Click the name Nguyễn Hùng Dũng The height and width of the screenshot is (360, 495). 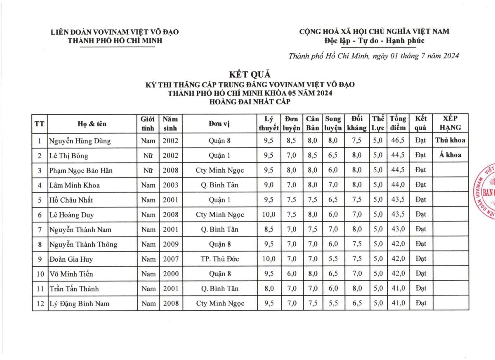click(x=80, y=141)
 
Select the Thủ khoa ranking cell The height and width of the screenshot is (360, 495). click(x=450, y=140)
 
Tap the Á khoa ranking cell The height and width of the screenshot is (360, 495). click(x=450, y=155)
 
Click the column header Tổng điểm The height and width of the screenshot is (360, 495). click(x=398, y=123)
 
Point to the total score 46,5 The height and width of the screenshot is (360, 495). click(x=398, y=141)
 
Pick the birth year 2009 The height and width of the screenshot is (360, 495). click(x=170, y=244)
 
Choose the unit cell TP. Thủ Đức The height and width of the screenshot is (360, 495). click(x=220, y=259)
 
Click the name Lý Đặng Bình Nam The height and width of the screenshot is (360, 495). click(x=80, y=303)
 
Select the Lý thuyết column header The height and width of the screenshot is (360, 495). click(x=269, y=123)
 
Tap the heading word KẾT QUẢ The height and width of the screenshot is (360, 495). click(x=250, y=74)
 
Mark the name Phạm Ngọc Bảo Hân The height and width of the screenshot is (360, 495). click(x=81, y=170)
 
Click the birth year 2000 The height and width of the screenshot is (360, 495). click(x=170, y=274)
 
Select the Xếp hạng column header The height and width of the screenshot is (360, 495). click(x=450, y=123)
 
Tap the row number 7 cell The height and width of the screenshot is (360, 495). click(x=40, y=230)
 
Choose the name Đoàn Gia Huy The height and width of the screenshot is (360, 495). click(x=71, y=259)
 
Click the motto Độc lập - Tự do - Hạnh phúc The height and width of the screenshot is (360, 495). click(x=374, y=40)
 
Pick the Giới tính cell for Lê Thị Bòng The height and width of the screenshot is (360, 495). click(x=148, y=156)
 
